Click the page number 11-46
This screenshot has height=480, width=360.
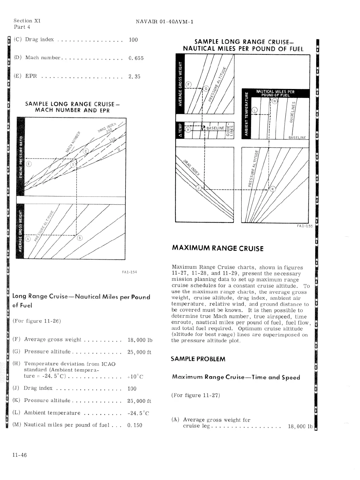coord(20,455)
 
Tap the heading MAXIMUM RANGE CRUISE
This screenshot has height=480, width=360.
coord(218,248)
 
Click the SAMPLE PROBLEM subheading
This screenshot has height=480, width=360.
coord(198,359)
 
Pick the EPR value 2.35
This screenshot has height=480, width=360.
coord(134,76)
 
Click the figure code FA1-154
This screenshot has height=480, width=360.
coord(129,272)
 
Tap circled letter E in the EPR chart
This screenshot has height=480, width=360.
coord(29,164)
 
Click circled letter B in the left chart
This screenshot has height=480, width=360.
coord(80,238)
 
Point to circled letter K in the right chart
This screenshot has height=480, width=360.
coord(273,189)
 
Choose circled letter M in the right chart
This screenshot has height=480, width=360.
coord(274,101)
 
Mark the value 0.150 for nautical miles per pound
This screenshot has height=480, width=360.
coord(135,425)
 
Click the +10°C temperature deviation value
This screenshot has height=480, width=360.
coord(135,376)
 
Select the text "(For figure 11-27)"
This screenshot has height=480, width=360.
coord(195,395)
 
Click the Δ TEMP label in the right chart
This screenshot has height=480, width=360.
coord(180,130)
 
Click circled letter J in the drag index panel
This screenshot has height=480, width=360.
coord(199,188)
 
